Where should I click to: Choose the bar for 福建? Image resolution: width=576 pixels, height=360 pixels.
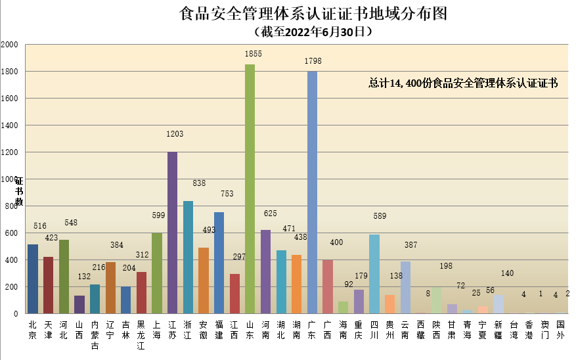coord(219,263)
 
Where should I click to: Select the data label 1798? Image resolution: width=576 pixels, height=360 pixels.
coord(313,61)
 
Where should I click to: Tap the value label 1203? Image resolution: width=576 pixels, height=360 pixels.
coord(175,134)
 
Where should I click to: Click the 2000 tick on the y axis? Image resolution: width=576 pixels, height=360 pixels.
coord(10,45)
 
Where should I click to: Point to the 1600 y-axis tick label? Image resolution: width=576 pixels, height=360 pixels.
coord(10,99)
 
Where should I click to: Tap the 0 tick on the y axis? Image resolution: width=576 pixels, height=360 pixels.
coord(16,314)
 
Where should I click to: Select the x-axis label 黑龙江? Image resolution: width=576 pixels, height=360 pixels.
coord(141,335)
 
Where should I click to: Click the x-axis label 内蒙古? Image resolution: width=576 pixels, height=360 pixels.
coord(95,335)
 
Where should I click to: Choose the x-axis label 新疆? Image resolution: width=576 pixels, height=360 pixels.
coord(498,330)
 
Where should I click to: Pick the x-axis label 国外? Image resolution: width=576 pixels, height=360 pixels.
coord(560,330)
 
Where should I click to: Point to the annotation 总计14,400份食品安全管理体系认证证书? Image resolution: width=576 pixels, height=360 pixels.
coord(463,83)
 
